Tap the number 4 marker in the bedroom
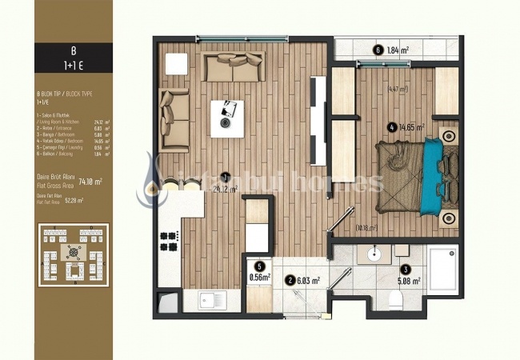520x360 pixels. click(x=391, y=126)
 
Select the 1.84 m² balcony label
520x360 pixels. click(x=398, y=50)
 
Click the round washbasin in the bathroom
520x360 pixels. click(x=375, y=256)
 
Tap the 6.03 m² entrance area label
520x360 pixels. click(x=309, y=281)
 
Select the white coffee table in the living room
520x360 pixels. click(x=227, y=117)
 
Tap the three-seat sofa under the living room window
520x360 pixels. click(x=234, y=67)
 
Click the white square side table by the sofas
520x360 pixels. click(x=176, y=63)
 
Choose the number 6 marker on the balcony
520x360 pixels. click(x=378, y=50)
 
